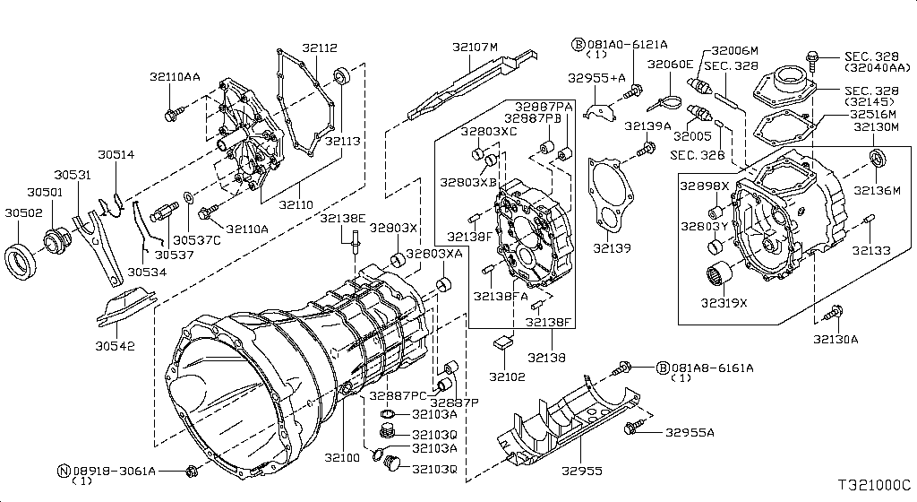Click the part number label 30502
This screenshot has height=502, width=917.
[x=24, y=213]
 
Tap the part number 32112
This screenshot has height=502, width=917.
[x=320, y=48]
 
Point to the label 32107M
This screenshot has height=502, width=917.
[x=475, y=47]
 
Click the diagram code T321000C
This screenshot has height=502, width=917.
[x=875, y=485]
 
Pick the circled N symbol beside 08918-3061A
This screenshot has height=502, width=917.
[x=64, y=471]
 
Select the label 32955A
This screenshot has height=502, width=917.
[x=690, y=433]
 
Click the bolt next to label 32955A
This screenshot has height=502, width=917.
[x=634, y=427]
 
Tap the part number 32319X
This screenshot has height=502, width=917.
[x=724, y=303]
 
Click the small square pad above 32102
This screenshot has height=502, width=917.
[x=502, y=342]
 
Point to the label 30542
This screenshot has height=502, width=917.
[x=116, y=346]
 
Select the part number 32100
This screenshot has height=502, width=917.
[x=343, y=457]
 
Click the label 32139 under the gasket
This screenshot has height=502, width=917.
[x=613, y=248]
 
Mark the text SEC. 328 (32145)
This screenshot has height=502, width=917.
[x=872, y=96]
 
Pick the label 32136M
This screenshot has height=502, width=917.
[x=878, y=190]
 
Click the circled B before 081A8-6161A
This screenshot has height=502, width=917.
[x=663, y=368]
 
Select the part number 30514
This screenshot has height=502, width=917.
[x=116, y=154]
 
